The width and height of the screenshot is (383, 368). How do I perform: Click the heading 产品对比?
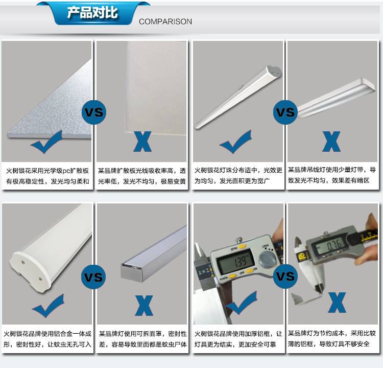[x=92, y=13]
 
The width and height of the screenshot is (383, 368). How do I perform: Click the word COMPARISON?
[x=165, y=21]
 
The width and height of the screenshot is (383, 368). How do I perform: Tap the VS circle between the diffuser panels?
[x=94, y=112]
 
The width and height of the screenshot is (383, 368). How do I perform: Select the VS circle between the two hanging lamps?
[x=285, y=112]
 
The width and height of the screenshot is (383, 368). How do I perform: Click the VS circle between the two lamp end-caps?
[x=93, y=277]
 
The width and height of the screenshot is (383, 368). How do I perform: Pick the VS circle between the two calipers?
[x=285, y=277]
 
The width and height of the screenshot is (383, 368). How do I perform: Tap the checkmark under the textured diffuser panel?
[x=46, y=142]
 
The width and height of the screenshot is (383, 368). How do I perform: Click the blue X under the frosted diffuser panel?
[x=142, y=142]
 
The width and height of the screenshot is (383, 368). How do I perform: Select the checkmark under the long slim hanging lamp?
[x=236, y=142]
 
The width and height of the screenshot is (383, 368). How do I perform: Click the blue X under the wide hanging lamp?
[x=331, y=142]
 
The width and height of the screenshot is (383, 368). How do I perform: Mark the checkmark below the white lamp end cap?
[x=48, y=306]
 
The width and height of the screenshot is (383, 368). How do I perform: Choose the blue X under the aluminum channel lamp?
[x=144, y=306]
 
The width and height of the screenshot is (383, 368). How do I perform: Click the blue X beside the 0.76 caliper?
[x=337, y=303]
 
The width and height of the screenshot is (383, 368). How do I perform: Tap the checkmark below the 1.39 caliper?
[x=242, y=303]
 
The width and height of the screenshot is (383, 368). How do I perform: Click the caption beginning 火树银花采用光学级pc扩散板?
[x=47, y=176]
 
